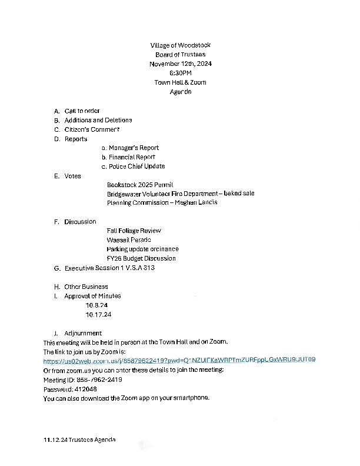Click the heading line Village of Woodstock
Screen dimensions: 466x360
pyautogui.click(x=180, y=45)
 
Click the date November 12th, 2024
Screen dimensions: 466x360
pyautogui.click(x=180, y=64)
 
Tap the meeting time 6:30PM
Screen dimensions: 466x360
pyautogui.click(x=180, y=73)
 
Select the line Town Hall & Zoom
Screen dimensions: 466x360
pyautogui.click(x=180, y=82)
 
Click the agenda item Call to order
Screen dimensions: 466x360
pyautogui.click(x=82, y=111)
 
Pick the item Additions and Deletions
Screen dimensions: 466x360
pyautogui.click(x=98, y=120)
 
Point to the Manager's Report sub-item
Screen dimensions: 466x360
pyautogui.click(x=130, y=148)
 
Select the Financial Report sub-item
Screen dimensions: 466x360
pyautogui.click(x=128, y=157)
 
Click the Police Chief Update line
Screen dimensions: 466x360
pyautogui.click(x=133, y=167)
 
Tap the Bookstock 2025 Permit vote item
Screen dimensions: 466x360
pyautogui.click(x=140, y=185)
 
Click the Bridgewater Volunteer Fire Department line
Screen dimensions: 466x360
pyautogui.click(x=180, y=194)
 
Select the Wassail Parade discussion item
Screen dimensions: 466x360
pyautogui.click(x=129, y=240)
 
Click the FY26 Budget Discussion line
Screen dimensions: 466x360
pyautogui.click(x=141, y=258)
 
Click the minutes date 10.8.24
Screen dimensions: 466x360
pyautogui.click(x=96, y=305)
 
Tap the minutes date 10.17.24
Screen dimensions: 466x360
pyautogui.click(x=98, y=315)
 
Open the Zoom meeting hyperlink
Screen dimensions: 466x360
pyautogui.click(x=179, y=360)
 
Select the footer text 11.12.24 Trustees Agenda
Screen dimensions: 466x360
pyautogui.click(x=79, y=440)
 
